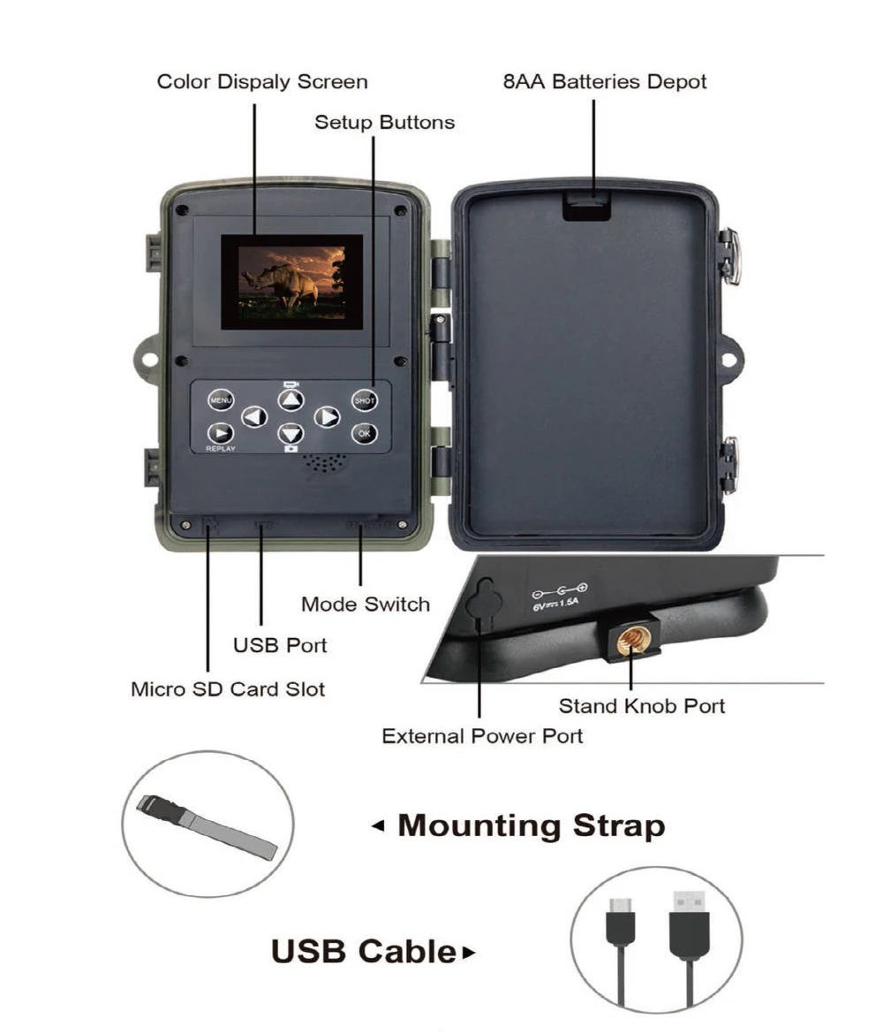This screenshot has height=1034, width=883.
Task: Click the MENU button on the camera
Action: tap(220, 400)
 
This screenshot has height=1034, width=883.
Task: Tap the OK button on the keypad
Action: tap(365, 433)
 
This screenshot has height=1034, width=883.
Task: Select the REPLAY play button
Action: tap(220, 433)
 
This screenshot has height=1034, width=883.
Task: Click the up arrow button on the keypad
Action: tap(291, 400)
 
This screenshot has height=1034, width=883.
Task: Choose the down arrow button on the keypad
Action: tap(291, 433)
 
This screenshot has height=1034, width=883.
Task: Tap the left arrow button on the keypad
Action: tap(254, 416)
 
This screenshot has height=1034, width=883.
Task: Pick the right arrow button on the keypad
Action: tap(328, 416)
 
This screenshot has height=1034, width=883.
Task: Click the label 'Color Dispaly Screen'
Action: tap(262, 82)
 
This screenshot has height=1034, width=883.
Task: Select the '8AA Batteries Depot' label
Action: tap(605, 82)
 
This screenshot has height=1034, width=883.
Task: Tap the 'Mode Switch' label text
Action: tap(366, 604)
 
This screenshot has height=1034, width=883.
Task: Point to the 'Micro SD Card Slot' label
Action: tap(228, 688)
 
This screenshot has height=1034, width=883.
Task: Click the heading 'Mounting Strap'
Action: tap(531, 825)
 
